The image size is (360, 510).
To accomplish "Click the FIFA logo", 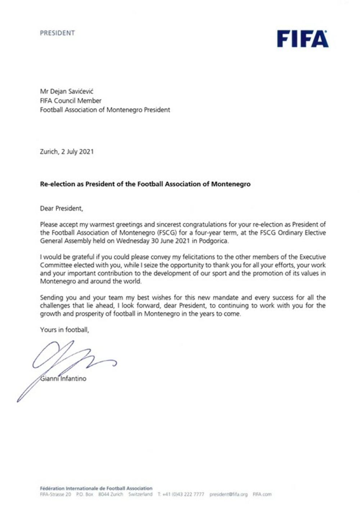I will [x=302, y=39].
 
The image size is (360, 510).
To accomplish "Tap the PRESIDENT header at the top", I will [x=57, y=33].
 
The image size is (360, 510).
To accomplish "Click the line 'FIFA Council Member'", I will [x=71, y=101].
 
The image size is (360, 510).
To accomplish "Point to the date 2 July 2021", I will [x=77, y=152].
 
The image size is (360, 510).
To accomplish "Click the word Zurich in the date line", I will [x=49, y=152].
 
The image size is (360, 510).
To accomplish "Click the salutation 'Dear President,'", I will [x=62, y=208].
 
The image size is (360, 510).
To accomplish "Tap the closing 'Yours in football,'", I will [x=64, y=330].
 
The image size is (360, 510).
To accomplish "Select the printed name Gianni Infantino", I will [x=63, y=379].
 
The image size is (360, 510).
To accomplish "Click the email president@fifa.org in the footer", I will [x=229, y=495].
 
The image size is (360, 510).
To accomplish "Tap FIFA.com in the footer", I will [x=262, y=495].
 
